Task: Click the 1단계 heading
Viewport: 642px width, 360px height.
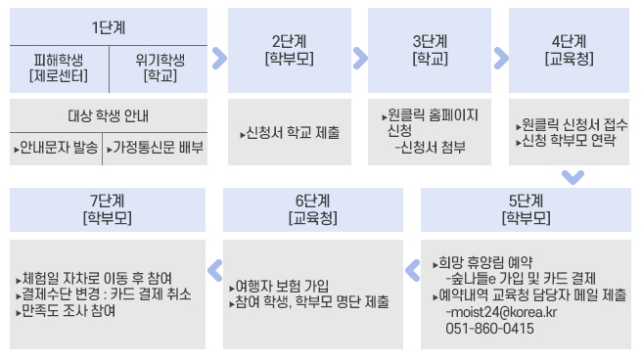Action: tap(108, 26)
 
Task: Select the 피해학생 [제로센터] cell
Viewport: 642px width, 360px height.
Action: tap(59, 67)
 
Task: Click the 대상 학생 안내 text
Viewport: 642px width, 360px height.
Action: tap(108, 115)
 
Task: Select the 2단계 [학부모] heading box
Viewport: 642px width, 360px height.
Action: tap(288, 49)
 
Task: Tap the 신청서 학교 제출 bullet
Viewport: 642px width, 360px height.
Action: tap(290, 132)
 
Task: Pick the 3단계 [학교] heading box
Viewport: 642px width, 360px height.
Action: tap(430, 49)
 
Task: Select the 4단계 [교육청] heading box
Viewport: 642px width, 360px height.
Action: tap(570, 49)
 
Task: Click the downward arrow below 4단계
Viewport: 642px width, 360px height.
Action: tap(573, 177)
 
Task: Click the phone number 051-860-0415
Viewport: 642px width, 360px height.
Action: tap(489, 329)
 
